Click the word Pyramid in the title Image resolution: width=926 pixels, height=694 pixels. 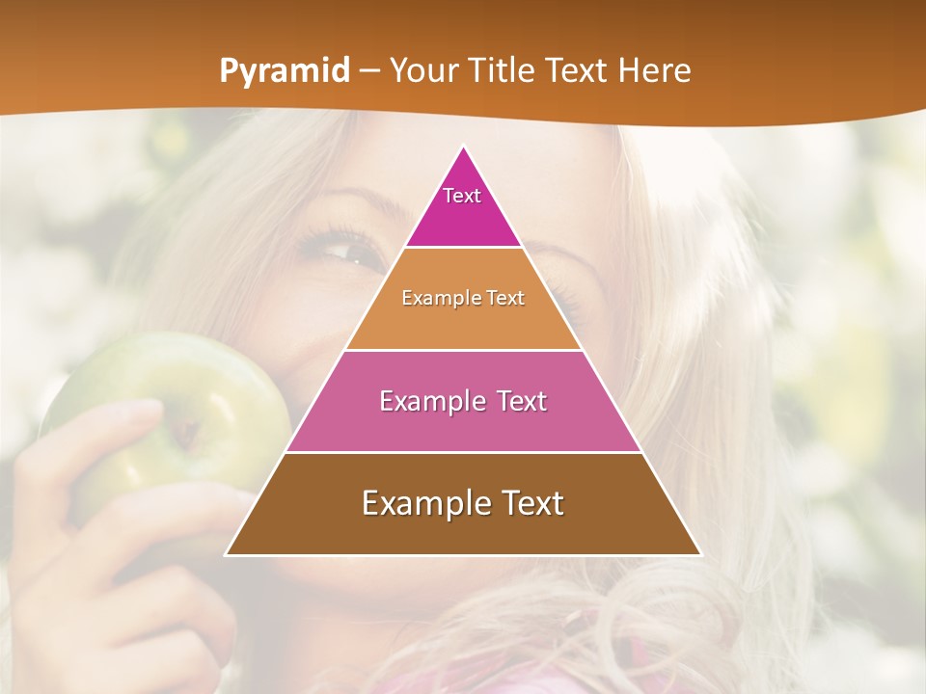[285, 70]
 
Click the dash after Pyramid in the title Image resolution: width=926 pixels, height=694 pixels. [369, 71]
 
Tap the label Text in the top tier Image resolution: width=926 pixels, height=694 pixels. [462, 196]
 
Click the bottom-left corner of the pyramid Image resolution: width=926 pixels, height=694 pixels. [226, 554]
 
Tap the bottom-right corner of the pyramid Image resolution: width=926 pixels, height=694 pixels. [700, 554]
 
